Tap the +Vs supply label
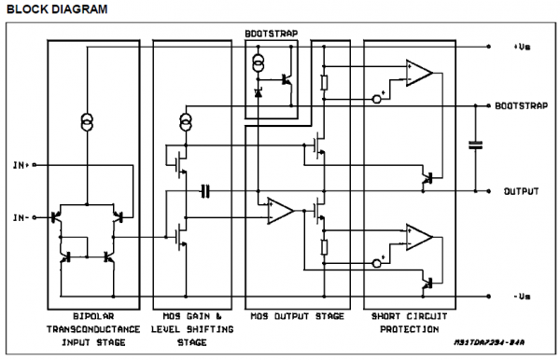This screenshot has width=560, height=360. (x=521, y=46)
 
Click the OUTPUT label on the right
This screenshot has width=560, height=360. (x=521, y=191)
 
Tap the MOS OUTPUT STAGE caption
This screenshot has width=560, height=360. (x=291, y=315)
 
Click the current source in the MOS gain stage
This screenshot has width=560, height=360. (x=185, y=122)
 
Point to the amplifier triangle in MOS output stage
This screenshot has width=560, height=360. (x=279, y=210)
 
